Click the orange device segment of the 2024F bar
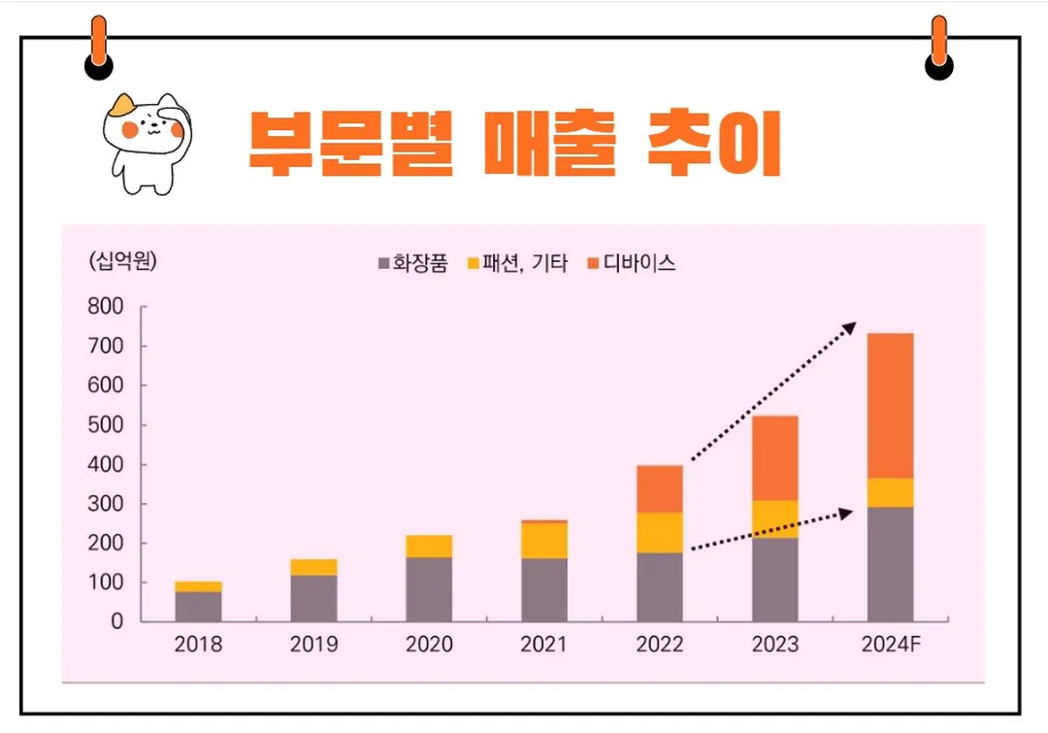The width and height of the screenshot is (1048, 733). [x=890, y=406]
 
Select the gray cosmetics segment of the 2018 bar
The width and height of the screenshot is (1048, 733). [x=198, y=606]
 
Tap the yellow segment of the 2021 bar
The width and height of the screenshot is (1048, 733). [x=544, y=540]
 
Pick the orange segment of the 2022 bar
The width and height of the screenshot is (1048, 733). [x=660, y=488]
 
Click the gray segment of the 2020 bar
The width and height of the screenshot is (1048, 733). [x=429, y=589]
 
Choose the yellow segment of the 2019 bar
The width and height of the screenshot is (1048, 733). [x=313, y=567]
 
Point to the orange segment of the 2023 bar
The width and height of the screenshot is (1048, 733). [x=775, y=458]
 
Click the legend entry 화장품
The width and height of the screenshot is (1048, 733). [x=412, y=263]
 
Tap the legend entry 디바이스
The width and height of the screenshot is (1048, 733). [x=632, y=263]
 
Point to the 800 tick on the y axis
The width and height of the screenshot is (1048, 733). [x=105, y=307]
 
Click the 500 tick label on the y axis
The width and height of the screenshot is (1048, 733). [x=105, y=425]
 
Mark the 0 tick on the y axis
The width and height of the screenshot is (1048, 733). [x=116, y=622]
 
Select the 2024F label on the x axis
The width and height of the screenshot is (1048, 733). [x=890, y=645]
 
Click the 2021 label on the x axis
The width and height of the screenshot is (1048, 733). [x=544, y=645]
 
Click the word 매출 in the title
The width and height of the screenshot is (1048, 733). [x=549, y=144]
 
